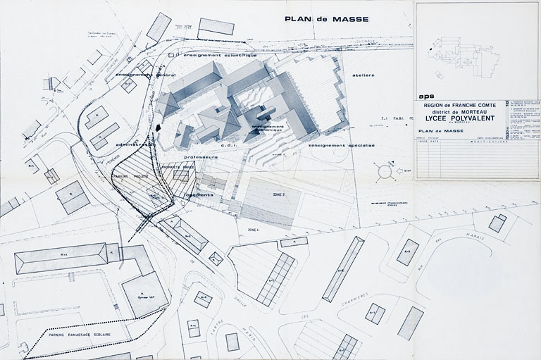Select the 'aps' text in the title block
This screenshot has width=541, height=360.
[x=426, y=96]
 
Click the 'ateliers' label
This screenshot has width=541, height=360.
[x=364, y=75]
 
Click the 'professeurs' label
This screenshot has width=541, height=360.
[x=199, y=157]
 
